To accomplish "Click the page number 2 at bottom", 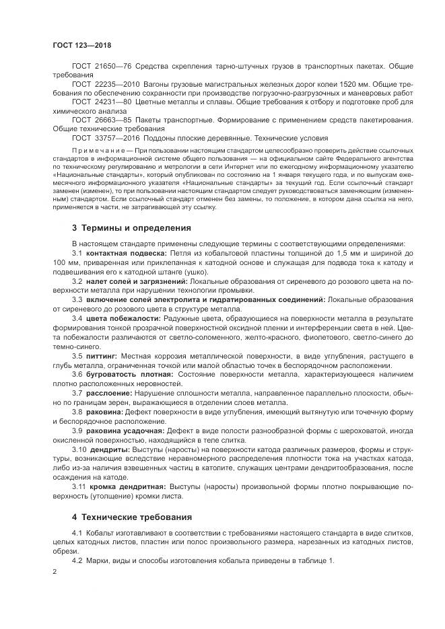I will pyautogui.click(x=55, y=571).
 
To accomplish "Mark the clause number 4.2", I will pyautogui.click(x=77, y=560).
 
